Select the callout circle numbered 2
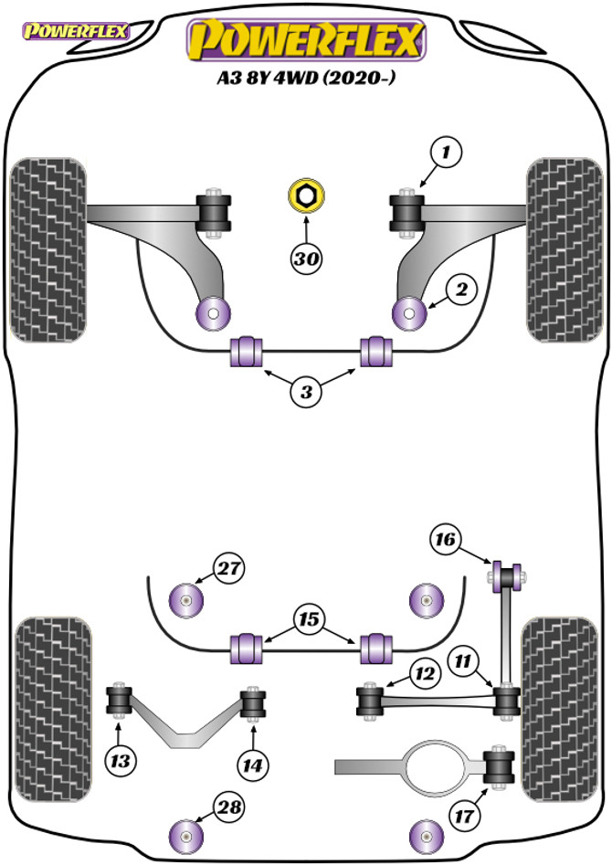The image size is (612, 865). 462,290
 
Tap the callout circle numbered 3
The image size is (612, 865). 307,393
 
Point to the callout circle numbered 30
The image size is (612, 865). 307,258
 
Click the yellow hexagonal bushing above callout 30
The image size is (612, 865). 304,196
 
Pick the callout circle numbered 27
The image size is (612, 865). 229,568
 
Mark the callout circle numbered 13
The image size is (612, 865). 120,758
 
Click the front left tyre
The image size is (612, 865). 47,249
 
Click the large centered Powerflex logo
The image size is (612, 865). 307,40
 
